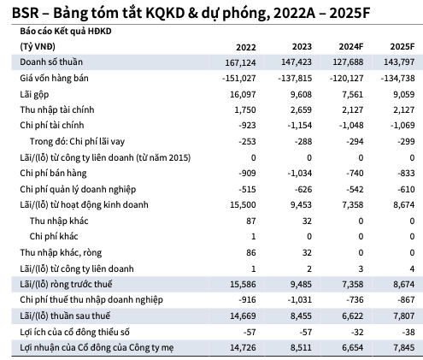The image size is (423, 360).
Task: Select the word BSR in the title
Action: click(16, 11)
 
